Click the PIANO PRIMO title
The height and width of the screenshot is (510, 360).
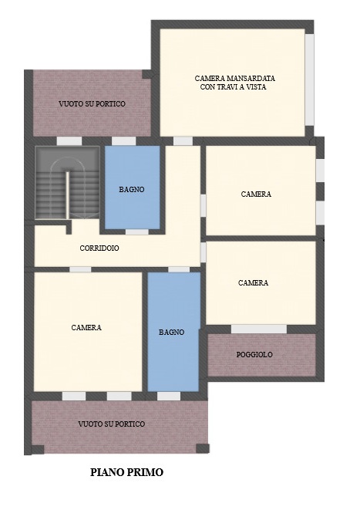click(x=126, y=471)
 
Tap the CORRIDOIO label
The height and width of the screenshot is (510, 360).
click(x=99, y=248)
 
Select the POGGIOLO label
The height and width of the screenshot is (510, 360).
click(x=254, y=355)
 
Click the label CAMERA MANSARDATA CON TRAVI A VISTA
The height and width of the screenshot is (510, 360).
click(x=235, y=83)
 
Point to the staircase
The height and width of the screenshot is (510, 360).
click(x=67, y=184)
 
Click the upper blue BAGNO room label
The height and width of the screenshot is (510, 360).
click(x=132, y=189)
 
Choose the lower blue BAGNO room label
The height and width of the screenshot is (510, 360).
click(x=172, y=332)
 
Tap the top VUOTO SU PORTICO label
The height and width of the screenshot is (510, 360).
click(x=93, y=103)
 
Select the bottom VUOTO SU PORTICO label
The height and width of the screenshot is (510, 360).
click(x=112, y=424)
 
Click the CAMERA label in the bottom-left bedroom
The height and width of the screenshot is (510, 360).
click(x=86, y=327)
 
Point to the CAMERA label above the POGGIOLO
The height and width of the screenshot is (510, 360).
click(x=253, y=283)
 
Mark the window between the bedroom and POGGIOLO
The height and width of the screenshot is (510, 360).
click(x=259, y=329)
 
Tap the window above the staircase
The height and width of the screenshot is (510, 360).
click(x=69, y=141)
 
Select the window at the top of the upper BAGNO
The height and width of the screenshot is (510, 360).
click(x=124, y=141)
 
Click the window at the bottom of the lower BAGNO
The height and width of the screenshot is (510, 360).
click(x=169, y=396)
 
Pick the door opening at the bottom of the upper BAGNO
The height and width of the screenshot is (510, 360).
click(x=137, y=231)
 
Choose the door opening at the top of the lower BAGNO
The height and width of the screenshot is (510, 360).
click(x=179, y=269)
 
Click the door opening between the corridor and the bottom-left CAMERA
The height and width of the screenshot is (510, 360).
click(x=80, y=269)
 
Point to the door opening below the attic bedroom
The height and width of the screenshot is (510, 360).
click(x=183, y=141)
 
